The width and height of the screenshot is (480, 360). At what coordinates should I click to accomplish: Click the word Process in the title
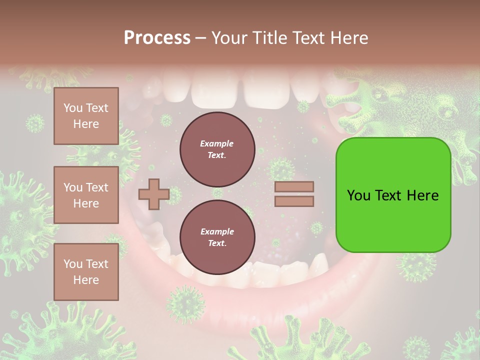pos(157,38)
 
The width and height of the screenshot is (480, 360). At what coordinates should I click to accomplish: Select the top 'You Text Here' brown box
pos(86,116)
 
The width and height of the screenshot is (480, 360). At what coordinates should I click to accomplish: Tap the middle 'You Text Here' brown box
pos(86,195)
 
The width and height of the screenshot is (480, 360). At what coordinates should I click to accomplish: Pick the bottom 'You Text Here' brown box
pos(86,272)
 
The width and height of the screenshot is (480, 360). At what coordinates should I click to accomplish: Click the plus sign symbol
pos(153,194)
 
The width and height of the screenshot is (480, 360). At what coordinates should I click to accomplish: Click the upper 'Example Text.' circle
pos(217,149)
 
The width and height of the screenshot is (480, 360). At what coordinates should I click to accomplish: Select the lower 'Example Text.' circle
pos(217,237)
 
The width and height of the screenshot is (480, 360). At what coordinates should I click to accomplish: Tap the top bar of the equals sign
pos(294,186)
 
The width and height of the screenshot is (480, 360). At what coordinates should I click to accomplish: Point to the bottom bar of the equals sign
pos(294,201)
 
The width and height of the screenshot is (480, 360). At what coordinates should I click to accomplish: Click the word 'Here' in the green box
pos(423,195)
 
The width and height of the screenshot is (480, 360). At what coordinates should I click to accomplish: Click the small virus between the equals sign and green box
pos(316,228)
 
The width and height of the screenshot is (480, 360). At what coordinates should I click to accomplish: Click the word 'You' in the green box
pos(359,195)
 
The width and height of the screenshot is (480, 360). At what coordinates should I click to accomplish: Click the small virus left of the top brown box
pos(35,123)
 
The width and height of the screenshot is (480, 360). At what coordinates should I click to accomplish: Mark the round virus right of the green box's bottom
pos(416,265)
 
